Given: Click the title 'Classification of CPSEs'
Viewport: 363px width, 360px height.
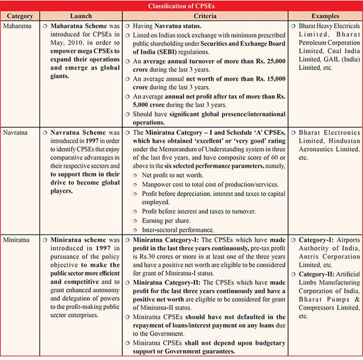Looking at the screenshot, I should click(181, 6).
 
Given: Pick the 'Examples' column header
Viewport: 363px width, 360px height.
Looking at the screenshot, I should click(324, 17).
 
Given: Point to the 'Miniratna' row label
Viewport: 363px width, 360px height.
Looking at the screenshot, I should click(18, 239).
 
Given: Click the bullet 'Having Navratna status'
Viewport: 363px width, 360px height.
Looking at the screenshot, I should click(168, 26).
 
